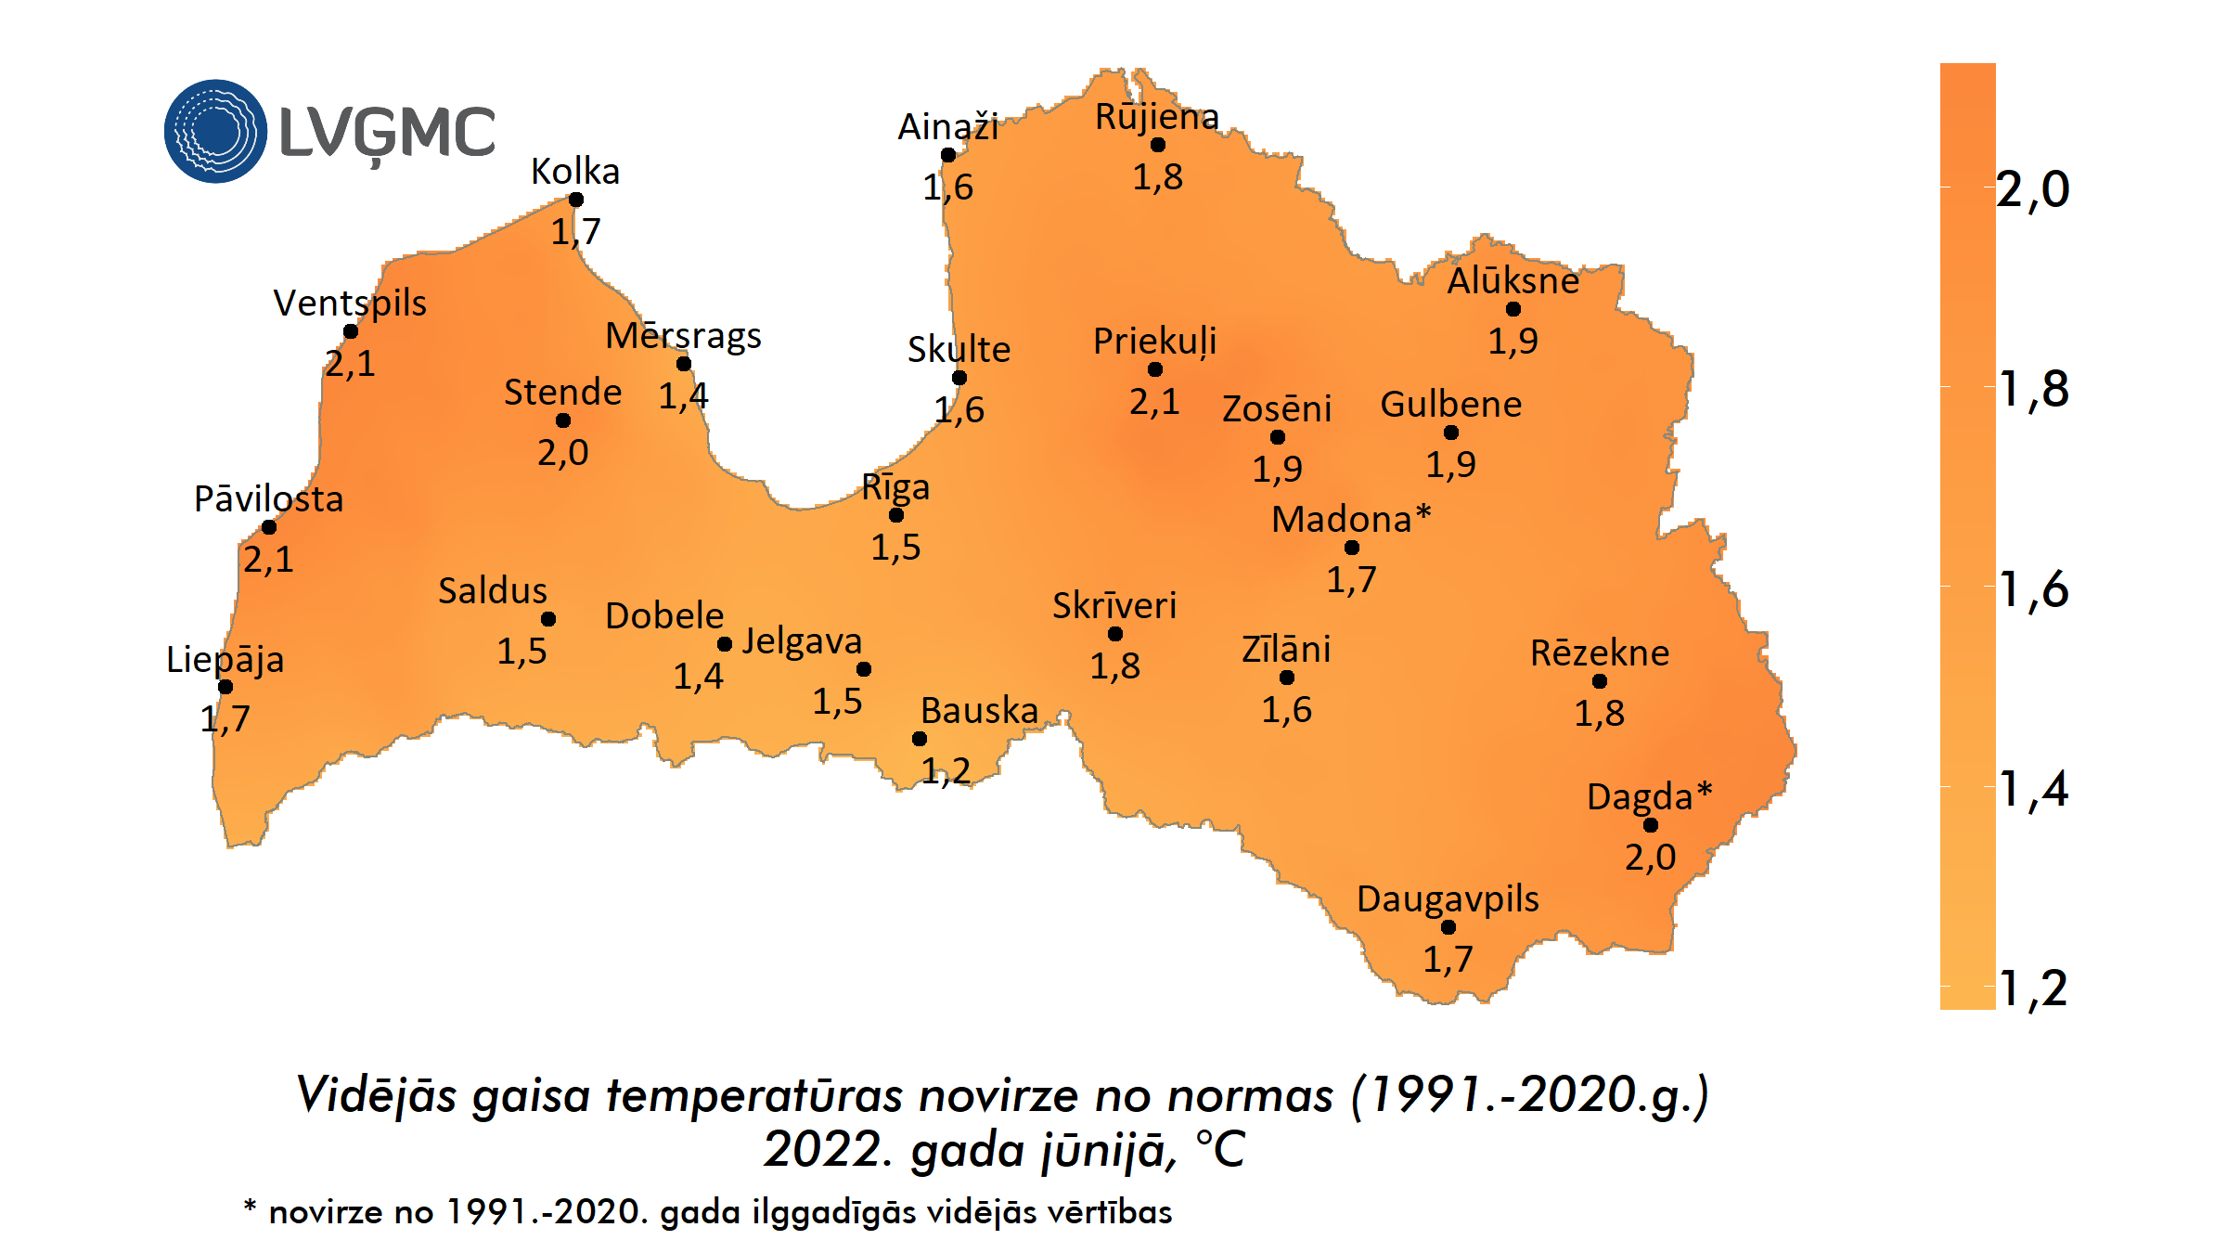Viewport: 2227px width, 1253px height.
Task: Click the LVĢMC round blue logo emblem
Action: [x=215, y=131]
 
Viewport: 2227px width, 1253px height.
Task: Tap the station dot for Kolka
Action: [x=576, y=200]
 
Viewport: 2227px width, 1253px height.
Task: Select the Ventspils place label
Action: [x=350, y=303]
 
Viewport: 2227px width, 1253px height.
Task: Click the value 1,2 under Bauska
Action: [x=946, y=770]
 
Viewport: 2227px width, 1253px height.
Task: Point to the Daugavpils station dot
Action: [x=1448, y=927]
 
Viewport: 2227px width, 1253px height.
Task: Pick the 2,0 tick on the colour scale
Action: [x=2032, y=189]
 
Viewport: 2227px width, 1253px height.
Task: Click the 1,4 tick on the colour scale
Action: [x=2032, y=789]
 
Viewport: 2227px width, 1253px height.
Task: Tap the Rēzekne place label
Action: [x=1599, y=652]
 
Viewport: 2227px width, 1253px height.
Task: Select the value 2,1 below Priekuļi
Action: [x=1154, y=401]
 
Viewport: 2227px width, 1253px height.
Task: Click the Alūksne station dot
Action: [x=1513, y=309]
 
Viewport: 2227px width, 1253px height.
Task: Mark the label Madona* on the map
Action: [x=1351, y=519]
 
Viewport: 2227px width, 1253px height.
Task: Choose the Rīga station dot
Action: [x=896, y=515]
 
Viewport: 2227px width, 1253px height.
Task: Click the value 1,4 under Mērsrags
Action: [x=683, y=396]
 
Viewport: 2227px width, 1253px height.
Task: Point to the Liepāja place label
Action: [x=225, y=659]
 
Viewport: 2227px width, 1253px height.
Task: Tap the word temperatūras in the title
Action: [x=754, y=1094]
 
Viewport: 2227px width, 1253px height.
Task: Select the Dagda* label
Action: [x=1649, y=796]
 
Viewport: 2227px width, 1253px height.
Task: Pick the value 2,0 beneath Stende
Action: [x=562, y=452]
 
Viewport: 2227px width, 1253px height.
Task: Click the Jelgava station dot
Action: [x=864, y=669]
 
